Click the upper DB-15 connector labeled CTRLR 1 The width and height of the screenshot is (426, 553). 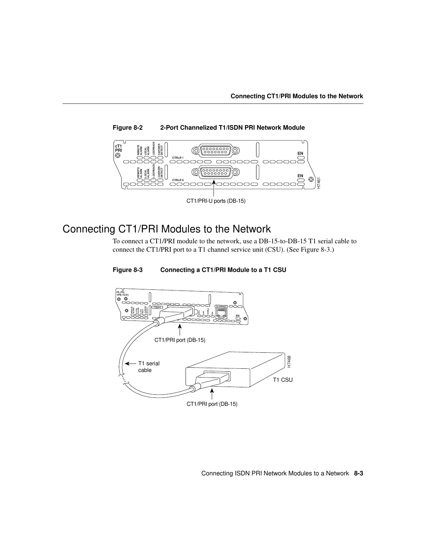tap(216, 150)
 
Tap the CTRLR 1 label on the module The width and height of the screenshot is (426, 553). tap(178, 158)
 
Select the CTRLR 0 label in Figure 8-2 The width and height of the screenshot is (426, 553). tap(178, 180)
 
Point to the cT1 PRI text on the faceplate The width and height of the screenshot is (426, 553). tap(118, 148)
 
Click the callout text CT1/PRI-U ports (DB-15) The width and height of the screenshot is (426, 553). tap(216, 201)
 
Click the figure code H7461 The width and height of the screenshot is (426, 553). tap(319, 183)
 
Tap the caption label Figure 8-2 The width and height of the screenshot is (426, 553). tap(128, 128)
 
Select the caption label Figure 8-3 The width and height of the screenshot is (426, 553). tap(128, 270)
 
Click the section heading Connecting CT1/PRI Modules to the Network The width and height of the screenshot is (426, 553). tap(166, 229)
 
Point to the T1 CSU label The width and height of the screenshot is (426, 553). tap(282, 380)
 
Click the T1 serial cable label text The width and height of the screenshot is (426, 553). tap(149, 367)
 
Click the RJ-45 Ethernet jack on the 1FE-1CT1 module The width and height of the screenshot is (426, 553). tap(221, 314)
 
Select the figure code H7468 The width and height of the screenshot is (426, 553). tap(289, 361)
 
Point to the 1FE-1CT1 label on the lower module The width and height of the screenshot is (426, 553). tap(122, 295)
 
